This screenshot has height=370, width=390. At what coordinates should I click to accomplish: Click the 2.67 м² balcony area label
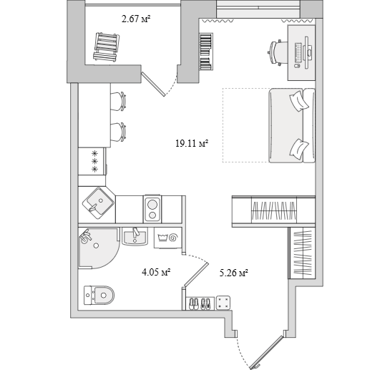point(136,19)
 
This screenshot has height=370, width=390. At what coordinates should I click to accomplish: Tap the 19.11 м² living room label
point(192,143)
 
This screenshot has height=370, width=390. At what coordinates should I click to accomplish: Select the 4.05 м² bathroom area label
point(156,272)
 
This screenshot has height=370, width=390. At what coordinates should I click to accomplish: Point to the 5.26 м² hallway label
point(234,273)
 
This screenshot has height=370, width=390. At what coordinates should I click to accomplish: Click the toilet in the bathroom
point(99,295)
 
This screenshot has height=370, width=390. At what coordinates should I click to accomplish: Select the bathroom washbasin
point(135,236)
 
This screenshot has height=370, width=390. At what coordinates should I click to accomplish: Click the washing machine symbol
point(168,238)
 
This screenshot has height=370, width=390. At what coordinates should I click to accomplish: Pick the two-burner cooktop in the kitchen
point(152,209)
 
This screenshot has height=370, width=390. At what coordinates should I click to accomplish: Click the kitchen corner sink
point(97,203)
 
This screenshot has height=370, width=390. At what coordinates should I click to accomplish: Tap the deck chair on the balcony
point(106,47)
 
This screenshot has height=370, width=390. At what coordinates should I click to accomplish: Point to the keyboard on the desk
point(298,52)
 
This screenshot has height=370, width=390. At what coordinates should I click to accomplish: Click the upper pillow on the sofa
point(299,99)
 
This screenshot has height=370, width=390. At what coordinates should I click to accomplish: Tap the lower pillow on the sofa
point(299,149)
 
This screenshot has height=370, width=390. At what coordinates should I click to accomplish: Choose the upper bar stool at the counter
point(118,102)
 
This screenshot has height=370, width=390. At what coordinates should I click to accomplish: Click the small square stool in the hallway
point(223,303)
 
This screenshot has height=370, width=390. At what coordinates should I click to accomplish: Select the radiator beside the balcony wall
point(206,52)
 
